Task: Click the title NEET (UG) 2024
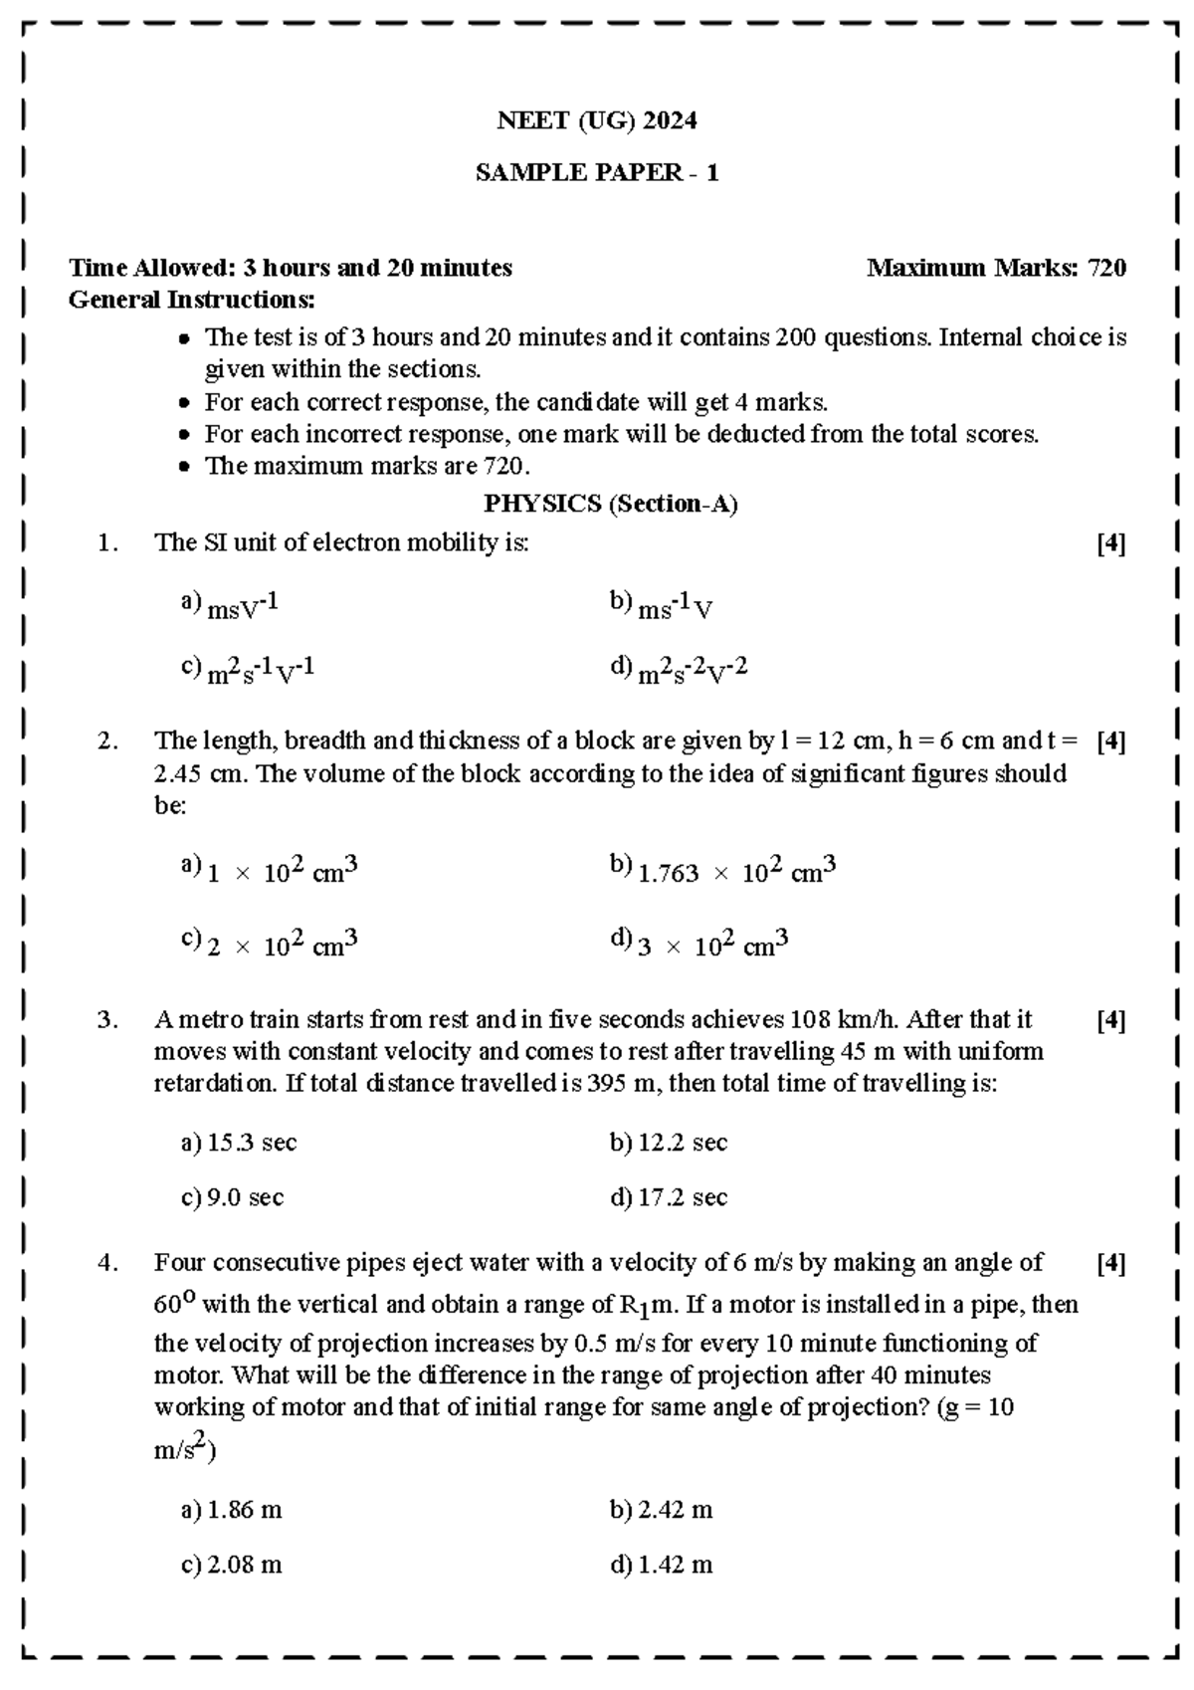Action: pos(597,121)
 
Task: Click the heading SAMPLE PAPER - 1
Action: pos(597,173)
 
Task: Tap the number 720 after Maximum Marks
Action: pos(1106,268)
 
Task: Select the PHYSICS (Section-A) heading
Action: pos(610,505)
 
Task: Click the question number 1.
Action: pos(107,543)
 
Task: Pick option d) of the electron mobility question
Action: pos(679,671)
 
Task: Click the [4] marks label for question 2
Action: pos(1110,741)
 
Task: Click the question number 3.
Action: pos(107,1020)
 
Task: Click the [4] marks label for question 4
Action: pos(1110,1264)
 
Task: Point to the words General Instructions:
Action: pos(191,300)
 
